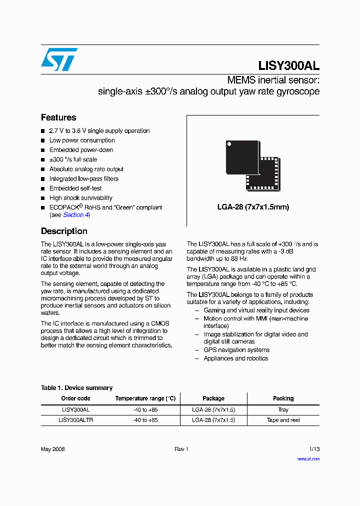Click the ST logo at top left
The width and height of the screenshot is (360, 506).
tap(59, 59)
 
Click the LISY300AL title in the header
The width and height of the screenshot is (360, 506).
tap(288, 65)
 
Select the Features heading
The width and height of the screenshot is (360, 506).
tap(58, 117)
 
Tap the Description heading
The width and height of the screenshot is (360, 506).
tap(64, 231)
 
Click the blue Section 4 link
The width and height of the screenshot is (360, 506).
tap(75, 214)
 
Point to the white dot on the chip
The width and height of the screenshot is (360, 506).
tap(229, 144)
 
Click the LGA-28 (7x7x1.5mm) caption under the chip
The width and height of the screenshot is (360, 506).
tap(253, 207)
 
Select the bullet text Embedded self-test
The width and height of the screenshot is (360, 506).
tap(75, 188)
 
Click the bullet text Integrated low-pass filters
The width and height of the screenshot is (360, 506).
tap(84, 178)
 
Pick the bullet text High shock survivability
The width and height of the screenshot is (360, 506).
tap(81, 198)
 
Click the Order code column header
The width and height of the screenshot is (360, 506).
tap(75, 398)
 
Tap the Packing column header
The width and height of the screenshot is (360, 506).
tap(283, 398)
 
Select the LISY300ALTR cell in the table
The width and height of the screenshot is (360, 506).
tap(75, 420)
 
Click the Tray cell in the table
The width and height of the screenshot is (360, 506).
tap(283, 409)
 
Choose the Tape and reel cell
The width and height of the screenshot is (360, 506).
tap(283, 420)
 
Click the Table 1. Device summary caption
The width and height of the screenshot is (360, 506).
tap(76, 387)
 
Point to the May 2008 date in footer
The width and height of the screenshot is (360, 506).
tap(52, 449)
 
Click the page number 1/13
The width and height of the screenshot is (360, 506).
tap(313, 449)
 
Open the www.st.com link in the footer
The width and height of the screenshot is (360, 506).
tap(308, 459)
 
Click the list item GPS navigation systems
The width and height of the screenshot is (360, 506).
tap(236, 350)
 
